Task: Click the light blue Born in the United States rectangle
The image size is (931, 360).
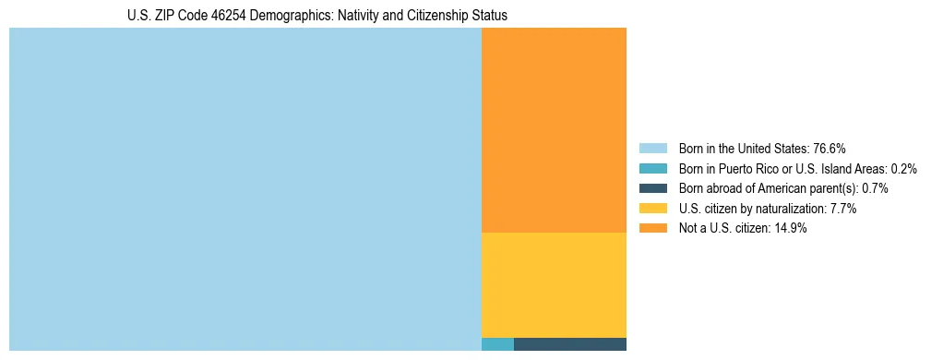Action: click(245, 189)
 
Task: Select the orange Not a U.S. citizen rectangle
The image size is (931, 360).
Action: click(554, 129)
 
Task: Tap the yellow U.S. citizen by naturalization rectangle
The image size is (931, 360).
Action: click(554, 284)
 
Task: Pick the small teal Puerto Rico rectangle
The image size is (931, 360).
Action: click(497, 344)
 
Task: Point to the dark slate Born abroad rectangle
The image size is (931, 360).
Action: click(569, 344)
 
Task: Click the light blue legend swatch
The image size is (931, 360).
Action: click(652, 149)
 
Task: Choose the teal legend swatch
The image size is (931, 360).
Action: click(652, 169)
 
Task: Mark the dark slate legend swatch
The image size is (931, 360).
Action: click(652, 188)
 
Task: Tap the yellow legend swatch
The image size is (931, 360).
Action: click(652, 209)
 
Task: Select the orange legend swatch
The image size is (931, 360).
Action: click(652, 229)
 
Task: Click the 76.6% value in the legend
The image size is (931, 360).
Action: click(830, 149)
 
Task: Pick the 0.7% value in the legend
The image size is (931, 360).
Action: click(876, 188)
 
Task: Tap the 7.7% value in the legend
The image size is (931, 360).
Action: click(843, 209)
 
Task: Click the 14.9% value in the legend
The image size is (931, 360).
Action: click(791, 229)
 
